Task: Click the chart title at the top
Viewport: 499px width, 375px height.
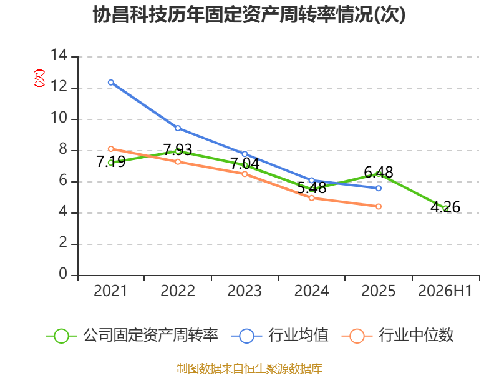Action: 249,14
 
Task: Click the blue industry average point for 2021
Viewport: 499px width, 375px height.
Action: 111,82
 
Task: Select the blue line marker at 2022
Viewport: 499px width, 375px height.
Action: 178,128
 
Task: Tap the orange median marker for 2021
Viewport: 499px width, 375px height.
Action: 111,149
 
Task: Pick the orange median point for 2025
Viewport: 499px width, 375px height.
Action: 379,207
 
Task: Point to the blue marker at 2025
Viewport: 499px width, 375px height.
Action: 379,189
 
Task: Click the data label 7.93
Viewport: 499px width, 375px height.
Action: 178,149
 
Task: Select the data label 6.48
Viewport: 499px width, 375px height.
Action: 379,172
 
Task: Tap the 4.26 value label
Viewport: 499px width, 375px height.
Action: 445,207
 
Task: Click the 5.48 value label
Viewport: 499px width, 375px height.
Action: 311,188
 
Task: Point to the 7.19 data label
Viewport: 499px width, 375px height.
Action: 111,161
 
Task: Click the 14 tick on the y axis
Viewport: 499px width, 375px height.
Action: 59,55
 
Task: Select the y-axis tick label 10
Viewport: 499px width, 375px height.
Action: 59,118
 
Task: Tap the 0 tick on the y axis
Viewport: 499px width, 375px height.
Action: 63,274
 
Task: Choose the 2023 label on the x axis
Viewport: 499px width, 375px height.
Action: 245,291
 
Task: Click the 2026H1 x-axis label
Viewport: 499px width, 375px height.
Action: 445,291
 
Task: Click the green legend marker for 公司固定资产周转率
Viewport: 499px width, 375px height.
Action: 61,336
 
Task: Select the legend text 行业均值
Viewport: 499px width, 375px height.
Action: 298,335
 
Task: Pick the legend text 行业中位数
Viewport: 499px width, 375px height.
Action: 416,335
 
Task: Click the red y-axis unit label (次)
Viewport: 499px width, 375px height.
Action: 39,78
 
